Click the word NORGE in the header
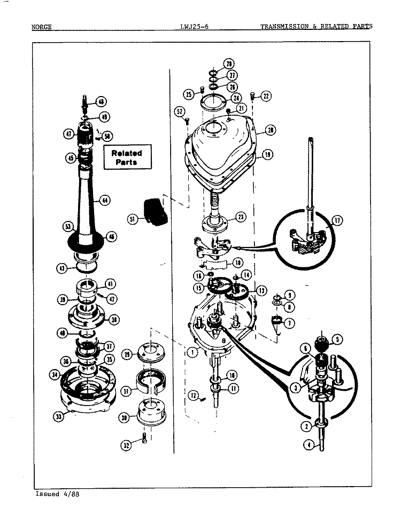click(42, 26)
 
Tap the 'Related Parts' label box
click(127, 157)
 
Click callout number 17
click(337, 220)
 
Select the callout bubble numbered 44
click(105, 201)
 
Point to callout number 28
click(213, 64)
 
